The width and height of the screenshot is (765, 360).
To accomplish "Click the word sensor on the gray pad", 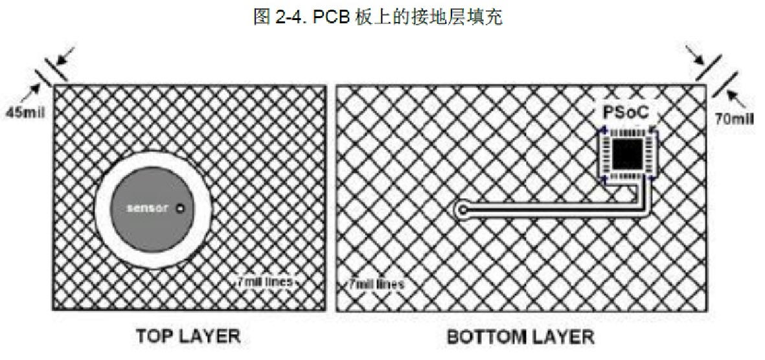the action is (x=148, y=208).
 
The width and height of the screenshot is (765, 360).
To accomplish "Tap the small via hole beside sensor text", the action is (x=181, y=208).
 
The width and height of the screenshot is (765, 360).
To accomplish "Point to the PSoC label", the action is (x=626, y=112).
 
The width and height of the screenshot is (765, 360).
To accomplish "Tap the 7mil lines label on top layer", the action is (x=266, y=282).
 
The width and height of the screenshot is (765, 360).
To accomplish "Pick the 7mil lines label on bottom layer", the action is (x=376, y=284).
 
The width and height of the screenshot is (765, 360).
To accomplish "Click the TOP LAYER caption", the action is (x=188, y=337).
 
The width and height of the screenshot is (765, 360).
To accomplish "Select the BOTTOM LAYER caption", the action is (x=521, y=337).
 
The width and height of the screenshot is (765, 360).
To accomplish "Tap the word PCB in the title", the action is (x=325, y=17).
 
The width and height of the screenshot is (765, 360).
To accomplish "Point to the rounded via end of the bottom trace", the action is (x=462, y=210).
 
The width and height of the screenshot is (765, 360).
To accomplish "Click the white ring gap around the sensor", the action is (x=154, y=159).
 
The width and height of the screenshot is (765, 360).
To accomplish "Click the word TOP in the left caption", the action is (x=151, y=337).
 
